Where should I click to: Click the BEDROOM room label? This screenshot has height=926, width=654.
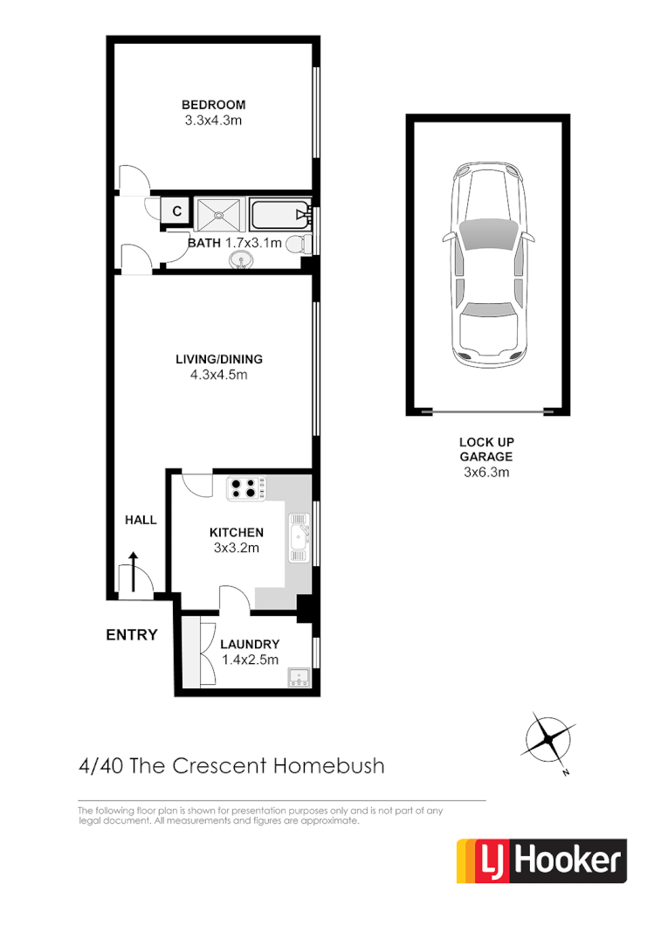click(x=214, y=105)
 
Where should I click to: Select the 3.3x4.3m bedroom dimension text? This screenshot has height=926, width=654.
click(x=214, y=121)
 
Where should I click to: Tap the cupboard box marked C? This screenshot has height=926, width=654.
click(x=176, y=211)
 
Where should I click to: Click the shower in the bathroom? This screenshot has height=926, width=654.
click(x=217, y=213)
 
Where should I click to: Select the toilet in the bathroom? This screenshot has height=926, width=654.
click(x=299, y=244)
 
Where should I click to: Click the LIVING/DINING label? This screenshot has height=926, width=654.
click(x=219, y=359)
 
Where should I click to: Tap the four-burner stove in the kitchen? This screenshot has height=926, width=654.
click(x=246, y=487)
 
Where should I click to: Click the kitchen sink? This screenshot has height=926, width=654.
click(x=300, y=539)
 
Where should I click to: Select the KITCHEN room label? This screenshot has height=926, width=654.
click(x=236, y=532)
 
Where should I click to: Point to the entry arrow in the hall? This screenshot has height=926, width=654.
click(x=133, y=571)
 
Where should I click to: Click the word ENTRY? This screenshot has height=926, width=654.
click(x=131, y=635)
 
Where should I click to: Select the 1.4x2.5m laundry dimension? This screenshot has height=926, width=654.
click(x=250, y=660)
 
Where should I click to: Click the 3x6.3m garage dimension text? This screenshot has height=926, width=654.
click(x=486, y=472)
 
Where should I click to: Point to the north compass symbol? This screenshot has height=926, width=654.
click(x=548, y=738)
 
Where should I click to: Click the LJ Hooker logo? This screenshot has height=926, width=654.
click(x=541, y=861)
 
